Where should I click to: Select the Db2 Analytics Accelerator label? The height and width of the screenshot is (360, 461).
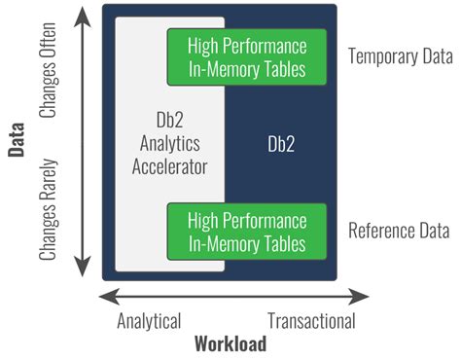[x=170, y=144]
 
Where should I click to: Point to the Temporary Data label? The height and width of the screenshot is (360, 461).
[x=399, y=57]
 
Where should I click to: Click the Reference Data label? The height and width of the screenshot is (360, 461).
[x=399, y=232]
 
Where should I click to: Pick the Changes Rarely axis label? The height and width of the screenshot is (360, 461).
[x=50, y=208]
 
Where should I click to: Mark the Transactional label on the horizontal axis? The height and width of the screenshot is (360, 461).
[x=311, y=320]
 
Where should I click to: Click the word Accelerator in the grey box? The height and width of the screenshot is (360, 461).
[x=170, y=166]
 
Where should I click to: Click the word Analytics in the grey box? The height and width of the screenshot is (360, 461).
[x=170, y=145]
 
